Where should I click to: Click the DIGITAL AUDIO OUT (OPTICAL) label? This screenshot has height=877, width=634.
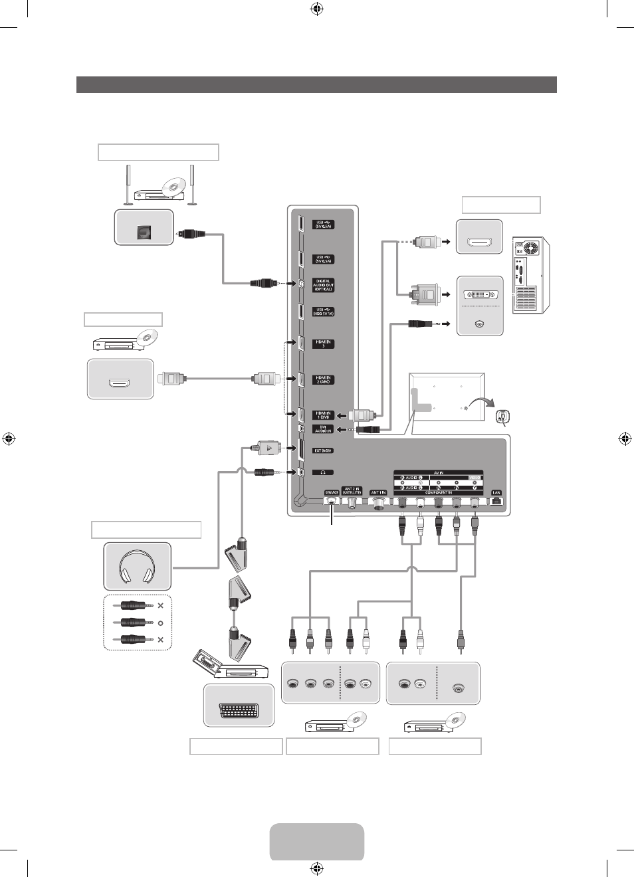[x=324, y=285]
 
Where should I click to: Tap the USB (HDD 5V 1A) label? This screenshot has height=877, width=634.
[x=324, y=312]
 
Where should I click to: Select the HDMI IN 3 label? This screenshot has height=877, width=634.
[x=324, y=343]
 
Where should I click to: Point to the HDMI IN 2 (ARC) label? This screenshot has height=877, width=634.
[x=324, y=379]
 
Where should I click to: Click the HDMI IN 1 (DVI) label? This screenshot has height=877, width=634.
[x=324, y=415]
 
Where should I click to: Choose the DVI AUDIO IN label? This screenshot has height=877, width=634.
[x=324, y=429]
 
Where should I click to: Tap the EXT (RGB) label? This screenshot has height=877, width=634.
[x=323, y=450]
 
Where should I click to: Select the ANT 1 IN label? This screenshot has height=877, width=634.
[x=378, y=492]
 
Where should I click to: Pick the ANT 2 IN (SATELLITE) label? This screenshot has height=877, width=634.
[x=352, y=490]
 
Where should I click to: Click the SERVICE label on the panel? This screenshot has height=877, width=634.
[x=332, y=492]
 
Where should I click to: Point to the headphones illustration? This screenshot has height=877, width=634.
[x=137, y=566]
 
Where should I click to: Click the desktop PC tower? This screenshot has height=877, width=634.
[x=531, y=275]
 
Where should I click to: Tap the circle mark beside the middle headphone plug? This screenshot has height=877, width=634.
[x=160, y=623]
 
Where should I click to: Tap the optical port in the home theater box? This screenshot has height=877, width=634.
[x=144, y=232]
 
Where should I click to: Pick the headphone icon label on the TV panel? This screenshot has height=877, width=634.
[x=323, y=472]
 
